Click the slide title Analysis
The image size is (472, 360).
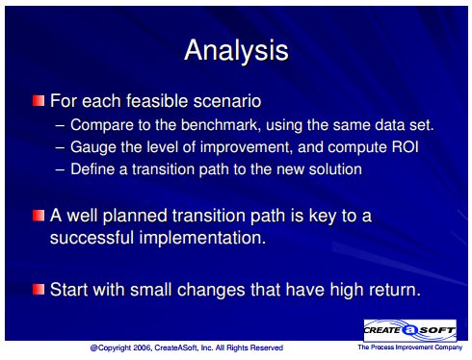click(237, 50)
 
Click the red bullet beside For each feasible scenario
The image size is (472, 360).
click(39, 100)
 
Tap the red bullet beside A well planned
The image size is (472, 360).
click(39, 216)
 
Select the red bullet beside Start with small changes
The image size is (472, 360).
click(39, 289)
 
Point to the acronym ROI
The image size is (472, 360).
click(406, 147)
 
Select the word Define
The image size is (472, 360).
click(92, 169)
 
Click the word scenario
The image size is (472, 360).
click(227, 101)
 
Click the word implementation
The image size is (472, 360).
click(202, 238)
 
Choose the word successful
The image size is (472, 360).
click(92, 238)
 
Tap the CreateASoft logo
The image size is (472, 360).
click(410, 330)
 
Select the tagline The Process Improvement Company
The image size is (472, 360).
click(410, 347)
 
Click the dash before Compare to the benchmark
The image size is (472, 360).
click(60, 125)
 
